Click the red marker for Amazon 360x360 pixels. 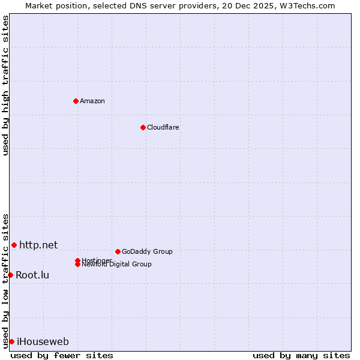click(x=76, y=101)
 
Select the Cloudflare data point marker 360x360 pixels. click(x=143, y=127)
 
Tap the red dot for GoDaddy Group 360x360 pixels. click(x=118, y=251)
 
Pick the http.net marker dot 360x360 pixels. click(x=14, y=245)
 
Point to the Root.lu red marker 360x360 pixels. click(x=10, y=275)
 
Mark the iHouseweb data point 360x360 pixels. click(x=11, y=341)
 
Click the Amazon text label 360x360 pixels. click(x=92, y=101)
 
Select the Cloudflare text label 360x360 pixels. click(x=163, y=127)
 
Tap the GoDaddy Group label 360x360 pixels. click(x=146, y=251)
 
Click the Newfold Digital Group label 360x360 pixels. click(x=116, y=265)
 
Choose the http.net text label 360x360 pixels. click(x=38, y=245)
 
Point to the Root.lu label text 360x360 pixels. click(x=32, y=275)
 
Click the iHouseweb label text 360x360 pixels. click(x=43, y=342)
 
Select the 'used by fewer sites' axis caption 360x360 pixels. click(x=62, y=355)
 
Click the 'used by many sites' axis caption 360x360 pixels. click(x=301, y=355)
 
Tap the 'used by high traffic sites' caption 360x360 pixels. click(x=5, y=85)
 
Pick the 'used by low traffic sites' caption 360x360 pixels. click(x=5, y=280)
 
